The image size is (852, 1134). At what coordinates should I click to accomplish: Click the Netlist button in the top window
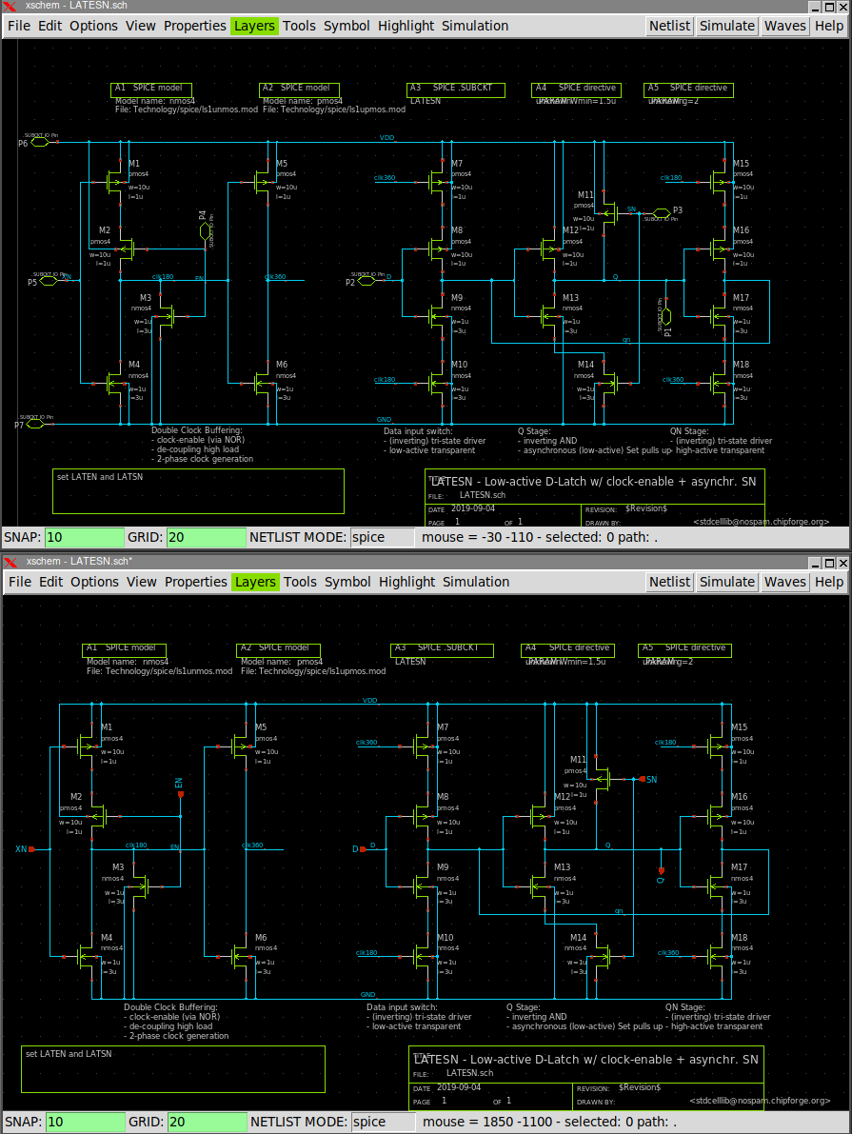pyautogui.click(x=669, y=26)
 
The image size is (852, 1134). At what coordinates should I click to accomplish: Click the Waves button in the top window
pyautogui.click(x=784, y=26)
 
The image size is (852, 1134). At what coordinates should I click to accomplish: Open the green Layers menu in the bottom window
pyautogui.click(x=255, y=582)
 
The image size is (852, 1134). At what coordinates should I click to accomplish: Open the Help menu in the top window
pyautogui.click(x=829, y=26)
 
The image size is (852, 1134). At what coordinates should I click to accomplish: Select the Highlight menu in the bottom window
pyautogui.click(x=406, y=582)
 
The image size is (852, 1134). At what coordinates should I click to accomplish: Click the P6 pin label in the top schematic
pyautogui.click(x=23, y=144)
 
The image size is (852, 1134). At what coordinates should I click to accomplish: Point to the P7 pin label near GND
pyautogui.click(x=19, y=425)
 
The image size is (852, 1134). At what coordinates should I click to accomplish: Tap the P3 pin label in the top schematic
pyautogui.click(x=677, y=210)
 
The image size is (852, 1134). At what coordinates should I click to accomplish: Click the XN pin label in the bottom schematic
pyautogui.click(x=21, y=848)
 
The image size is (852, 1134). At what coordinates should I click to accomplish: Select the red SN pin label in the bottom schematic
pyautogui.click(x=651, y=779)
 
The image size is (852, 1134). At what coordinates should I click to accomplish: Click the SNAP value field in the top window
pyautogui.click(x=85, y=537)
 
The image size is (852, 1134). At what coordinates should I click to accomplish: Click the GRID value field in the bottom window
pyautogui.click(x=207, y=1122)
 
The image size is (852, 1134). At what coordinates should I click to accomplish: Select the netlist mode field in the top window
pyautogui.click(x=383, y=537)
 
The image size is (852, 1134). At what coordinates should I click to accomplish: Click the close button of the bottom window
pyautogui.click(x=842, y=562)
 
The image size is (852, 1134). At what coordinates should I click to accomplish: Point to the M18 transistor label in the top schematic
pyautogui.click(x=741, y=365)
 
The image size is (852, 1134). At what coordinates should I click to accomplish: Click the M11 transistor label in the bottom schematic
pyautogui.click(x=578, y=759)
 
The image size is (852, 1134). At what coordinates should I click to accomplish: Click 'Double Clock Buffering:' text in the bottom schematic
pyautogui.click(x=170, y=1006)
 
